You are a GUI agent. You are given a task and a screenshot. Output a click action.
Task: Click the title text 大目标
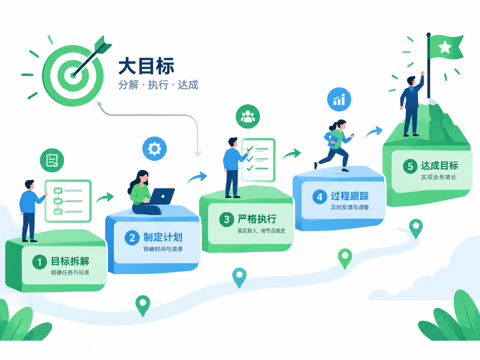click(146, 66)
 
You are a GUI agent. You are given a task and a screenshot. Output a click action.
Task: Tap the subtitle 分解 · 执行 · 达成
click(158, 85)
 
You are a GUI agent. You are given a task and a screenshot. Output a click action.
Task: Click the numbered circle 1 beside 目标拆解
click(39, 262)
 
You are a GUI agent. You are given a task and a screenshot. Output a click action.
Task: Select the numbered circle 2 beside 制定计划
click(132, 238)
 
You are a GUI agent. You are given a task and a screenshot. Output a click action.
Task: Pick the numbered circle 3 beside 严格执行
click(227, 219)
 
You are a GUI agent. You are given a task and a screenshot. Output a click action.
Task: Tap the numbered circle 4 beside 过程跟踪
click(320, 197)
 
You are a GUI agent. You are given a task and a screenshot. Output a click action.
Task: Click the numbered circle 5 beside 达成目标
click(410, 166)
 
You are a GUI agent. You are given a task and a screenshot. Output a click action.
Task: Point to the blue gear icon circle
click(154, 149)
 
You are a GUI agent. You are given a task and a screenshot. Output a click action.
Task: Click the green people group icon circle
click(248, 116)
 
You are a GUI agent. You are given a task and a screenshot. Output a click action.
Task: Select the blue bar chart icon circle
click(339, 99)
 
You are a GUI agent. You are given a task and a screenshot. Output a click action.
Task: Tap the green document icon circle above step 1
click(52, 160)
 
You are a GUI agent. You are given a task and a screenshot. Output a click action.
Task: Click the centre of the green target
click(73, 76)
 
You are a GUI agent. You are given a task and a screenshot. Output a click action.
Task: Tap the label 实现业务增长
click(439, 177)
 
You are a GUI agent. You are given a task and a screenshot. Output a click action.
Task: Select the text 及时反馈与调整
click(350, 207)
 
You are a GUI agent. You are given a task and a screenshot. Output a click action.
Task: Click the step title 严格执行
click(257, 219)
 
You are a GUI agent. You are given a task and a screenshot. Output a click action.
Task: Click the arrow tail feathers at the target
click(102, 45)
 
